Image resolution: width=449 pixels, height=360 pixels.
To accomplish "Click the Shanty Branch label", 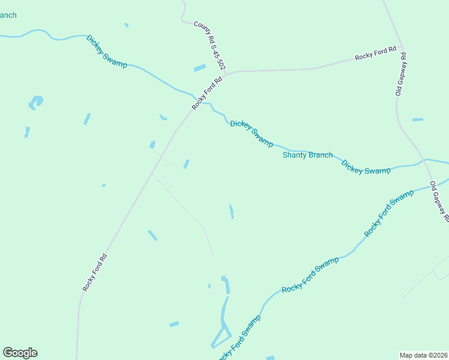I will (307, 155).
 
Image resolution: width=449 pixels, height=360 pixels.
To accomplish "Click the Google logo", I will (20, 353).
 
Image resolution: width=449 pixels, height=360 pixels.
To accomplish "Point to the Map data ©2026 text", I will (424, 355).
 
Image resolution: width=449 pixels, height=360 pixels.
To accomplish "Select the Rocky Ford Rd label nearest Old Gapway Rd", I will (376, 53).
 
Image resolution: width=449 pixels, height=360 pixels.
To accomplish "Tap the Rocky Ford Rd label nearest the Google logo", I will (95, 273).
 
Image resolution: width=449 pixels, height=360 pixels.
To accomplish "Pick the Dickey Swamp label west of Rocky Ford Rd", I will (107, 51).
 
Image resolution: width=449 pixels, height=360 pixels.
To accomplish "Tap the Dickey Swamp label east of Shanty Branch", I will (366, 167).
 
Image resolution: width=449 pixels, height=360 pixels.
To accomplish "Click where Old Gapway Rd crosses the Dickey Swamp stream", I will (424, 160).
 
